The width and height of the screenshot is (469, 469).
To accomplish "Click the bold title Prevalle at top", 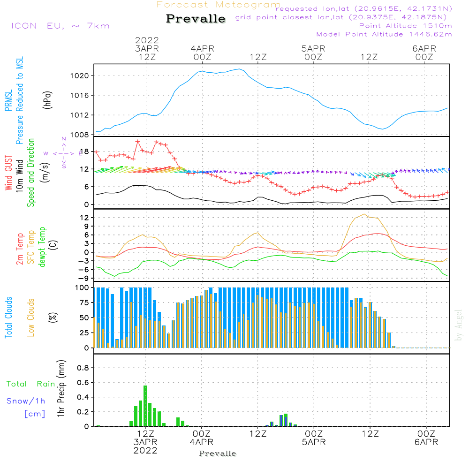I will tap(196, 19).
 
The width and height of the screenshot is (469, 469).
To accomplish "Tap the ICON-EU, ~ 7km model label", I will tap(60, 26).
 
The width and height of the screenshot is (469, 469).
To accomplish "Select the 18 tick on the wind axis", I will tap(84, 151).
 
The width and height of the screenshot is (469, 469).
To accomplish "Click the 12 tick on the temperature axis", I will tap(84, 218).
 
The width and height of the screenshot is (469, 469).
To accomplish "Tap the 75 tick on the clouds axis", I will tap(84, 303).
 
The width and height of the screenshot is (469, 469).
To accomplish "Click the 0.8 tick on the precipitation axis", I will tap(83, 368).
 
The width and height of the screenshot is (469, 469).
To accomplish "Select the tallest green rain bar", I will tap(145, 406).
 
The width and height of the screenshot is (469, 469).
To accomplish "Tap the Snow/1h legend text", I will tap(26, 401).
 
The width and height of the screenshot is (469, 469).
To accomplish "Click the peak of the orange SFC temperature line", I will tap(364, 214).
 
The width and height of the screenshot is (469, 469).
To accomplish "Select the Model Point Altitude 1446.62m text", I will tap(384, 34).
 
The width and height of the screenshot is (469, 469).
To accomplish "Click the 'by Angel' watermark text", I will tap(459, 325).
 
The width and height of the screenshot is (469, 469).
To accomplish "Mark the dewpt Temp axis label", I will tap(42, 248).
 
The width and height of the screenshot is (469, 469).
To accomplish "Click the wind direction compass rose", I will tap(63, 153).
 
